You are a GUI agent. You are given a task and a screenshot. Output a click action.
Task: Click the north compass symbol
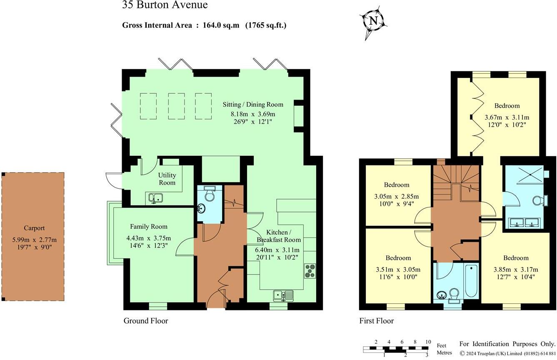point(373,21)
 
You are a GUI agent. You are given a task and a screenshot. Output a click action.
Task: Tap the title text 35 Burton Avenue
point(165,5)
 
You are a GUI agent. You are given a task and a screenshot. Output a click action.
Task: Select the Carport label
point(34,228)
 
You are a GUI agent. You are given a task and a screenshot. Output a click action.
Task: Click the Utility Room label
point(167,179)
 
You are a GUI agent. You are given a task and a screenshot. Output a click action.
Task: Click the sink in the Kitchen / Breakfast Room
point(284,296)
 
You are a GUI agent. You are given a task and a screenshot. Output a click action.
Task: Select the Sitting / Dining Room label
point(252,105)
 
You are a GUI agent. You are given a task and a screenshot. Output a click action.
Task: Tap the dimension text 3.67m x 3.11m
point(507,117)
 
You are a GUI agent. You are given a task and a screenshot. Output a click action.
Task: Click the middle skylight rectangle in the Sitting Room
point(175,106)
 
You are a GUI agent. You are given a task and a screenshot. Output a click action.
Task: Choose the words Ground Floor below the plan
point(145,321)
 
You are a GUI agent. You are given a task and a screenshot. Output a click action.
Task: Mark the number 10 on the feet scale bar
point(428,342)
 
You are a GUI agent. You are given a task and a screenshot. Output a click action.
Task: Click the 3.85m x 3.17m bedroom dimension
point(515,269)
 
